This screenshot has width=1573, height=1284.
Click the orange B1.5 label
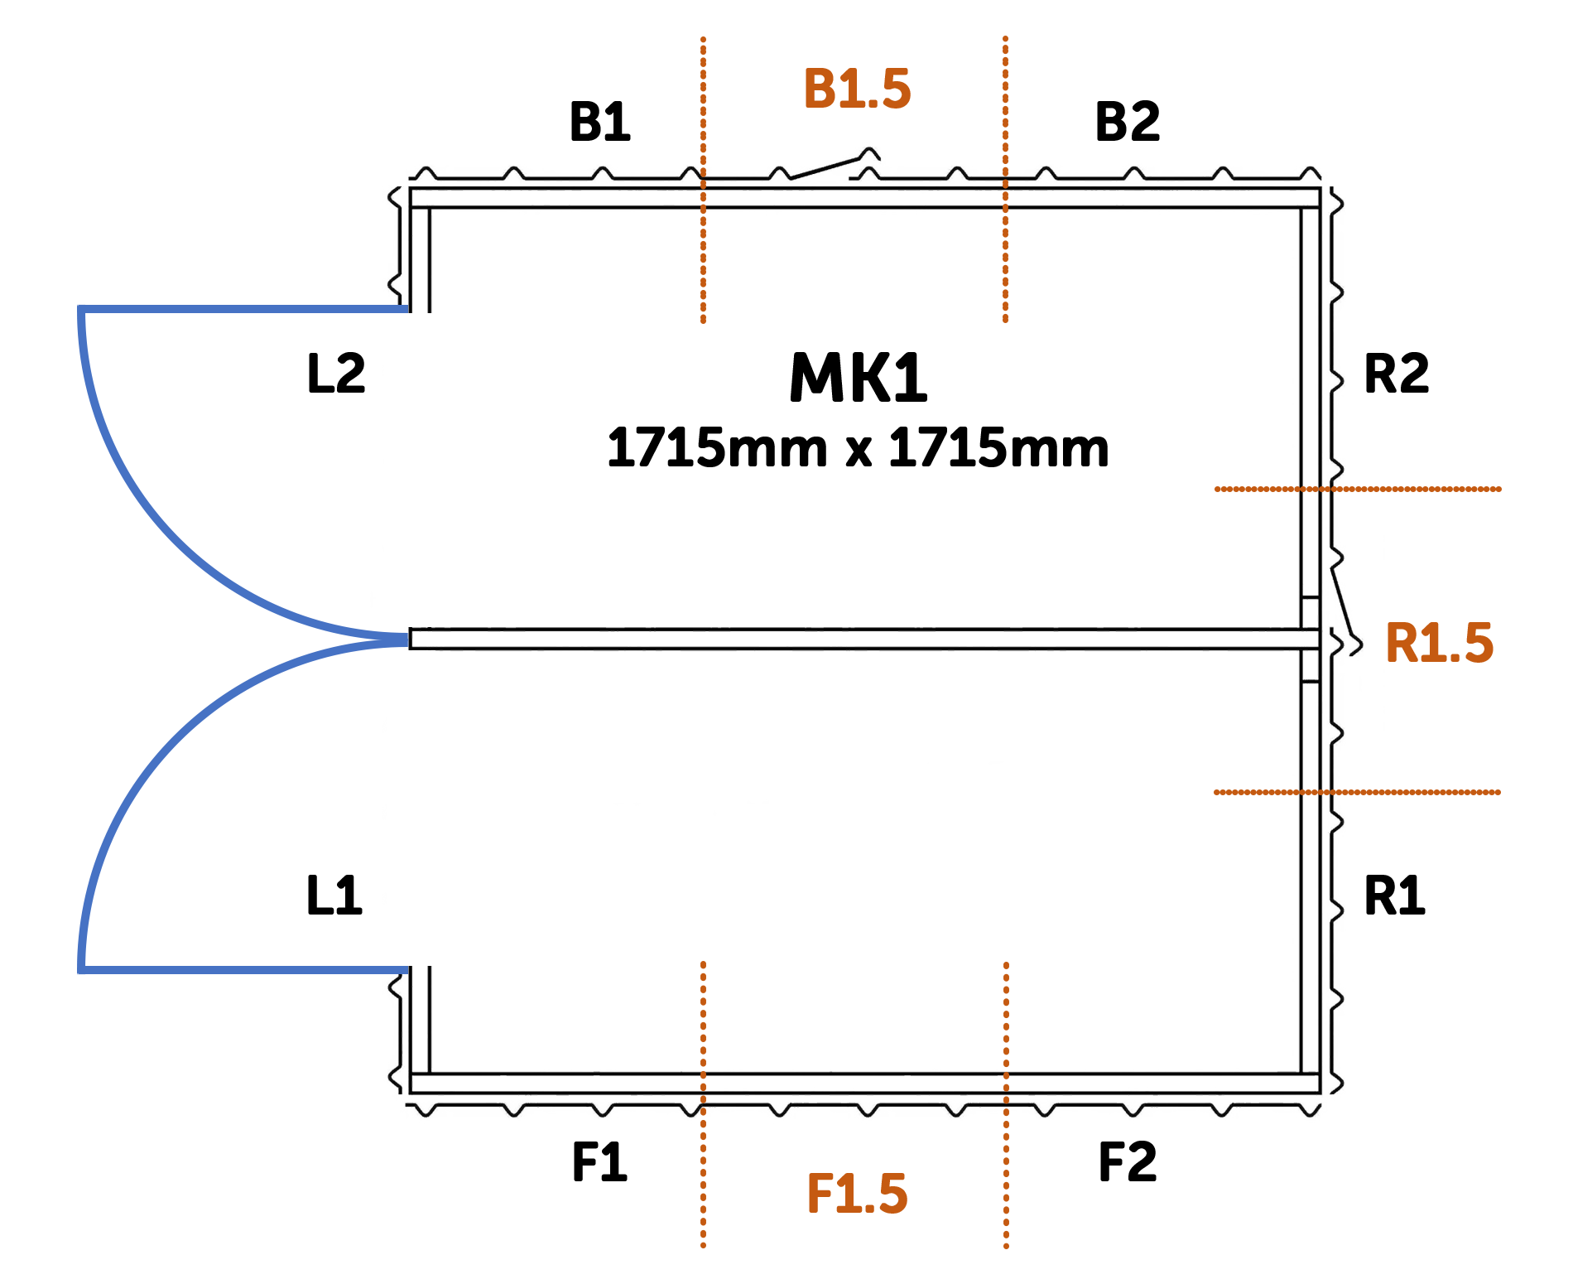coord(857,89)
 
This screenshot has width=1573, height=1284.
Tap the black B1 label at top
coord(599,122)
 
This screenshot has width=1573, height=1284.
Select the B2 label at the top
coord(1128,121)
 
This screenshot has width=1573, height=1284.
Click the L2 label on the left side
coord(336,372)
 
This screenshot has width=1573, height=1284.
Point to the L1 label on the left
coord(334,895)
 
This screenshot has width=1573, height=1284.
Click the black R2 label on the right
coord(1397,372)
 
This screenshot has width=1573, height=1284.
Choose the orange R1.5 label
coord(1439,643)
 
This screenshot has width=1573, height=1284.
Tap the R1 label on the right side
coord(1395,895)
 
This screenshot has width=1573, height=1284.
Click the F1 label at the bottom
coord(600,1161)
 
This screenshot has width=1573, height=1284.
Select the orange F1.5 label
coord(857,1194)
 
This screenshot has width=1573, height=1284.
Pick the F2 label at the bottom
coord(1127,1161)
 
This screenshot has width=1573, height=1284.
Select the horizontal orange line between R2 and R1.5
coord(1407,490)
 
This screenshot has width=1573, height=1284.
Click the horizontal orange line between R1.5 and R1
coord(1407,793)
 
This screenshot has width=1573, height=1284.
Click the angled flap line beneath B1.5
coord(828,166)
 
